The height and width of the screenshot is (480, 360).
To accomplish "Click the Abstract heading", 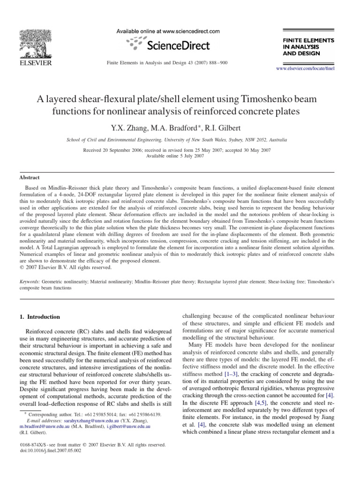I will (x=30, y=178).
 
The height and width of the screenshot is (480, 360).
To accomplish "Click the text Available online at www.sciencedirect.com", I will (x=168, y=31).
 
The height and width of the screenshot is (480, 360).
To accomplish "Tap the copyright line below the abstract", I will (x=66, y=268).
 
